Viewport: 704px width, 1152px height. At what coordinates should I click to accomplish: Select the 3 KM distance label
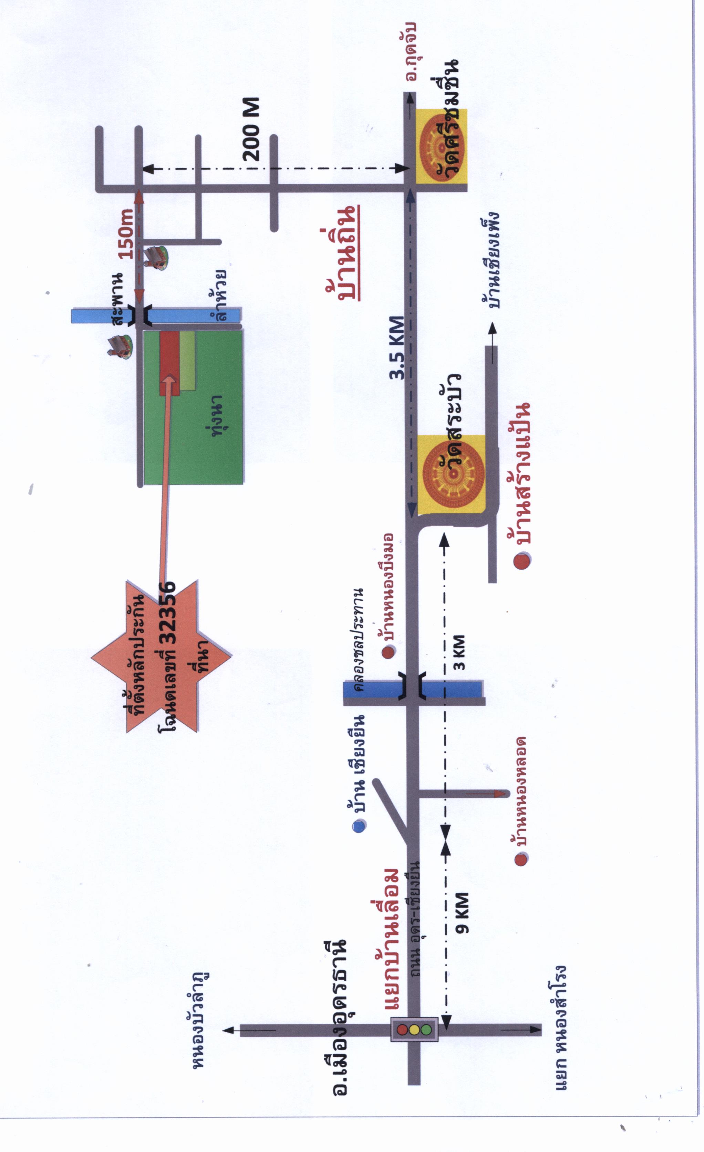click(459, 652)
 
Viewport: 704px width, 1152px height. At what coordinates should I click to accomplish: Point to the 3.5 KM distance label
click(397, 348)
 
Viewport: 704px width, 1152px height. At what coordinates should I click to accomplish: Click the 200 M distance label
click(252, 130)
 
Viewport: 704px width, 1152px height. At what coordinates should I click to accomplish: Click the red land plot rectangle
click(169, 363)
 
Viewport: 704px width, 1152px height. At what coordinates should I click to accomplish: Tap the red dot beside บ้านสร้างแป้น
click(522, 561)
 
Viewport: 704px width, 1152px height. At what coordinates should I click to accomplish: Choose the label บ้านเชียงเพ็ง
click(491, 260)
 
